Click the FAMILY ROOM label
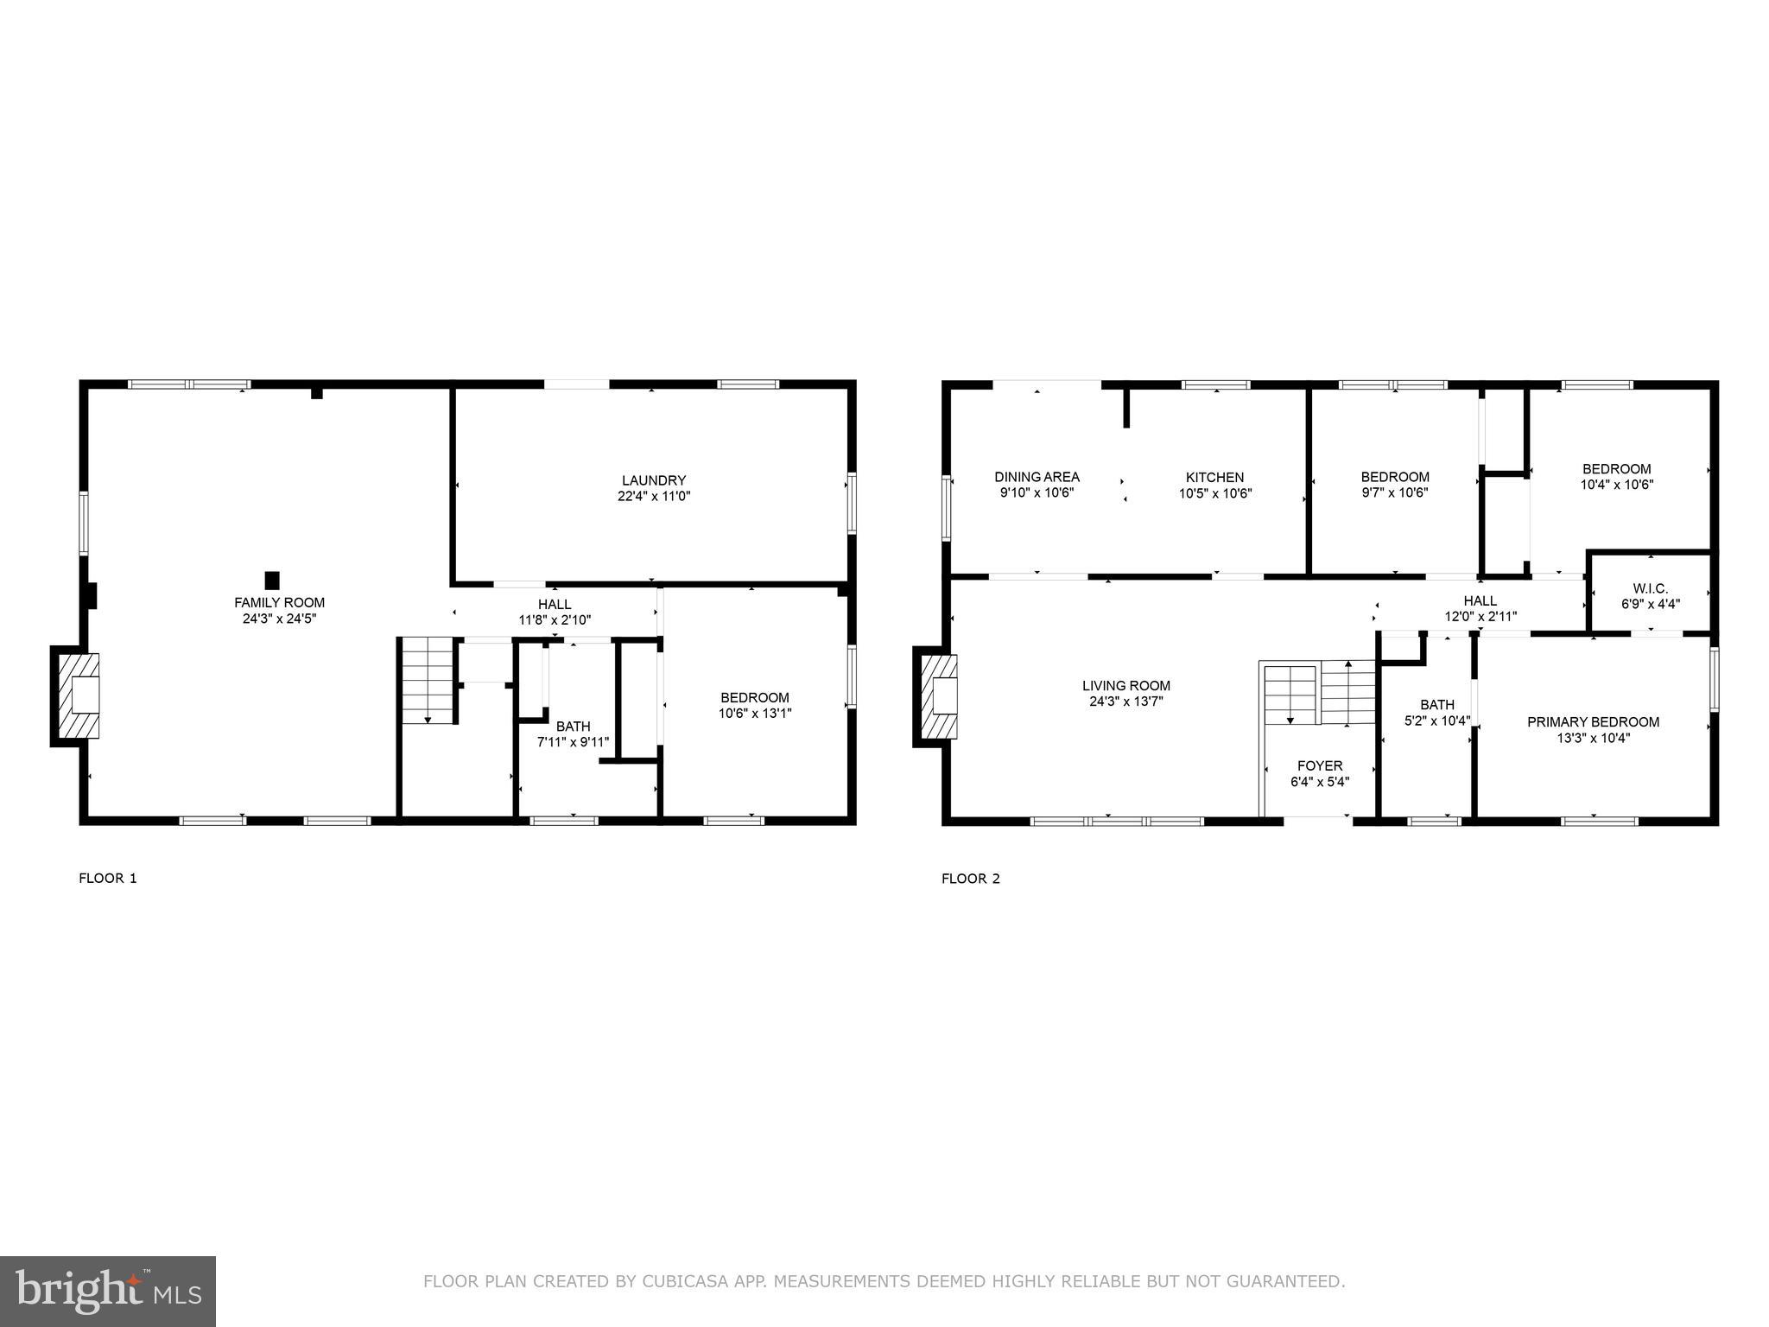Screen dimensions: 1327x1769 coord(279,602)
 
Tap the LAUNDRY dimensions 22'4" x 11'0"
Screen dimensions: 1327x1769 coord(653,497)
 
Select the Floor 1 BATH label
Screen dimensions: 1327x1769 coord(573,727)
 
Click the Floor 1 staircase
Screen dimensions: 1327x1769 coord(428,680)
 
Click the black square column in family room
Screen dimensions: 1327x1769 coord(272,581)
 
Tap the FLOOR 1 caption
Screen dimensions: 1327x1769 coord(108,879)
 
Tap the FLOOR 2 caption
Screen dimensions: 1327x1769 coord(970,879)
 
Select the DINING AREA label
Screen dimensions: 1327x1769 coord(1037,477)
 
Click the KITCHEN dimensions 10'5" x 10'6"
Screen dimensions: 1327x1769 coord(1214,493)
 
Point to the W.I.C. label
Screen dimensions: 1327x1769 coord(1650,588)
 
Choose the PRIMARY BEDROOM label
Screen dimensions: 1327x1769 coord(1593,722)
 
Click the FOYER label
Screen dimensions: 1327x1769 coord(1320,765)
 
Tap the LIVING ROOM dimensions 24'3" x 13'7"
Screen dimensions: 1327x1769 coord(1125,702)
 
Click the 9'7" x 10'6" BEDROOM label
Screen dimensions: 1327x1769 coord(1394,477)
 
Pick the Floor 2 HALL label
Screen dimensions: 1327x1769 coord(1480,600)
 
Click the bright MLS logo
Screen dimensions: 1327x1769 coord(107,1290)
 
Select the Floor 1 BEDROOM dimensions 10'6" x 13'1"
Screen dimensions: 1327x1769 coord(754,714)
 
